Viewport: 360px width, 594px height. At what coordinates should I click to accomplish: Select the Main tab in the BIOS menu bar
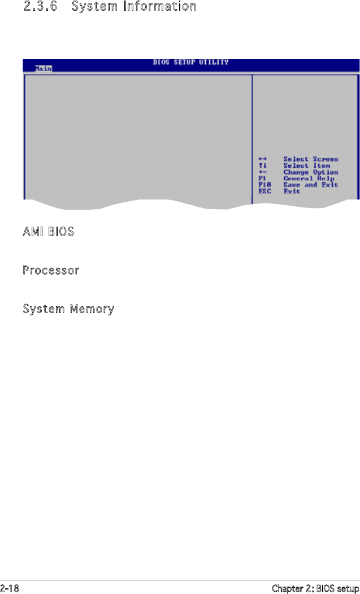coord(43,68)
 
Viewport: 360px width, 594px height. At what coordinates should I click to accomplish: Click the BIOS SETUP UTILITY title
coord(190,62)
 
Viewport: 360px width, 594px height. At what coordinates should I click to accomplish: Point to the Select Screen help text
coord(310,159)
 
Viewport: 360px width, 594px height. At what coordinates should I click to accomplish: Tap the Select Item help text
coord(306,166)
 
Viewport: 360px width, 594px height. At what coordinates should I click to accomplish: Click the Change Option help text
coord(310,172)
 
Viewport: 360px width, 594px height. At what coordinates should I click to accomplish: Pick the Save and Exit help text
coord(310,185)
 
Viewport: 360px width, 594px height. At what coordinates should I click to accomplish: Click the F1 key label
coord(261,179)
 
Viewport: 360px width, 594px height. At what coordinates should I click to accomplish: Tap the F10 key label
coord(263,185)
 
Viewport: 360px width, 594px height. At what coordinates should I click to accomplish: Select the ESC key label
coord(263,191)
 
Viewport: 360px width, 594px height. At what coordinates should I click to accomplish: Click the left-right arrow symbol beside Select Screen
coord(262,159)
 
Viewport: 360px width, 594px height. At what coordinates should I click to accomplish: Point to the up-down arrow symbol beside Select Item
coord(262,166)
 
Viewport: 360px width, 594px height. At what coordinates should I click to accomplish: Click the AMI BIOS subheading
coord(48,232)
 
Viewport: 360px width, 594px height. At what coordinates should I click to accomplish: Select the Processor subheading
coord(51,271)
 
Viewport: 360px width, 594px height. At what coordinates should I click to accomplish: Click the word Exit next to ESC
coord(292,191)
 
